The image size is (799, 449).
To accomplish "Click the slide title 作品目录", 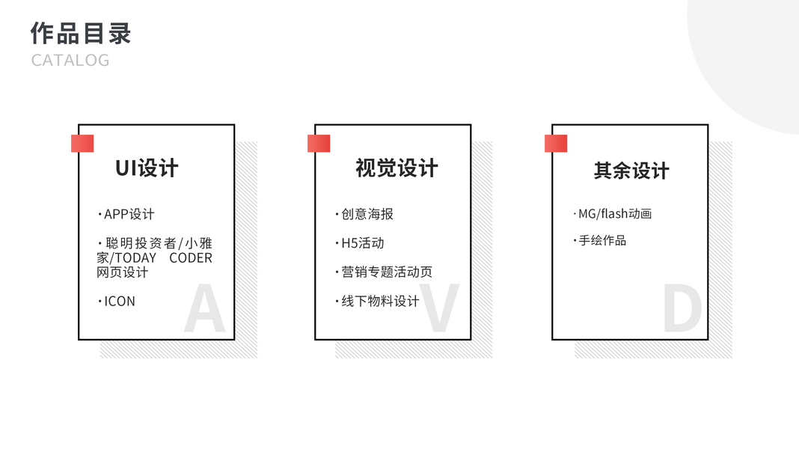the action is [x=81, y=34].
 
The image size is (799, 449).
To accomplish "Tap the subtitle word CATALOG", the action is [x=70, y=60].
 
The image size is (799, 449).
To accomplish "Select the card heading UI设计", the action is [x=147, y=168].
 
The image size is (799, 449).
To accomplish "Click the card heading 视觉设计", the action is [x=397, y=168].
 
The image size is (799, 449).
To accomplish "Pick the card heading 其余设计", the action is [x=631, y=171].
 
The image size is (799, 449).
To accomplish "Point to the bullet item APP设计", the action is [x=129, y=214].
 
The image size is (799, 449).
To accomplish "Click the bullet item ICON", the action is [x=120, y=302].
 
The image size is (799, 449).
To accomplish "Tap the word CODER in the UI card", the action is [x=191, y=258].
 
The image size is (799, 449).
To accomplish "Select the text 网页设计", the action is [x=123, y=272].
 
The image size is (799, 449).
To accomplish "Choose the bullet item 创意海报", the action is [x=367, y=214].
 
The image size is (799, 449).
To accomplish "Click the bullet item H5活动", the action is [x=362, y=243].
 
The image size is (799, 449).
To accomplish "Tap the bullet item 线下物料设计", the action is [x=380, y=302].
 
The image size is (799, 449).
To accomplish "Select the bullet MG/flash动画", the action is [x=614, y=214].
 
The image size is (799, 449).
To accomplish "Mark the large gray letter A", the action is [x=204, y=309].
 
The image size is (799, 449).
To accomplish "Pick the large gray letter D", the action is [x=682, y=309].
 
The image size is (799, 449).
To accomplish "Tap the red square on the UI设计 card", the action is [x=82, y=143].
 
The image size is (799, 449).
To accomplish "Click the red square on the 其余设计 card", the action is [x=556, y=143].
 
